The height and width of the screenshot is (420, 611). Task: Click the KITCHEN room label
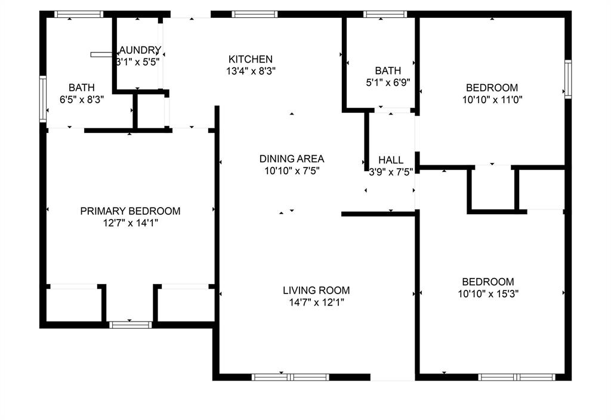coord(251,59)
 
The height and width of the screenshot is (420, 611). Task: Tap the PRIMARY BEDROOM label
coord(130,211)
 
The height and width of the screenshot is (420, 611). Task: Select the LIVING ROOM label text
coord(316,291)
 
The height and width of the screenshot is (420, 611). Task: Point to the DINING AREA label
coord(292,159)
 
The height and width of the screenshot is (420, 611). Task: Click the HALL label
coord(391,160)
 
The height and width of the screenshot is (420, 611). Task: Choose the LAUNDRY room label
coord(140,50)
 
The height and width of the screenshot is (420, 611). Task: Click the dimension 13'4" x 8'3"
coord(251,70)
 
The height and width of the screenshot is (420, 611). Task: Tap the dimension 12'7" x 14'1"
coord(130,223)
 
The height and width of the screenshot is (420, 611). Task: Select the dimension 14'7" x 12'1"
coord(316,302)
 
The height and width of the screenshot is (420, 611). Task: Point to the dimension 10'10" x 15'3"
coord(488,294)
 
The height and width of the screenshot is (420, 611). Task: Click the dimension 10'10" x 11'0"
coord(492,100)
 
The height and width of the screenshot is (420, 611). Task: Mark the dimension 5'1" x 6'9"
coord(388,83)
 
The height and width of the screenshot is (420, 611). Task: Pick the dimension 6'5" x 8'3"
coord(82,100)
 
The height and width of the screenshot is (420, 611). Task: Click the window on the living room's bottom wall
coord(291,377)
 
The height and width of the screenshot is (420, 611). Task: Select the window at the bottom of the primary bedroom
coord(131,325)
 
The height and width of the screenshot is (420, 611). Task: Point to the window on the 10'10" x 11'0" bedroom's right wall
coord(568,79)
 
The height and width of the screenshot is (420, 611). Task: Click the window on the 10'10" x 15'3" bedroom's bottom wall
coord(517,377)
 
